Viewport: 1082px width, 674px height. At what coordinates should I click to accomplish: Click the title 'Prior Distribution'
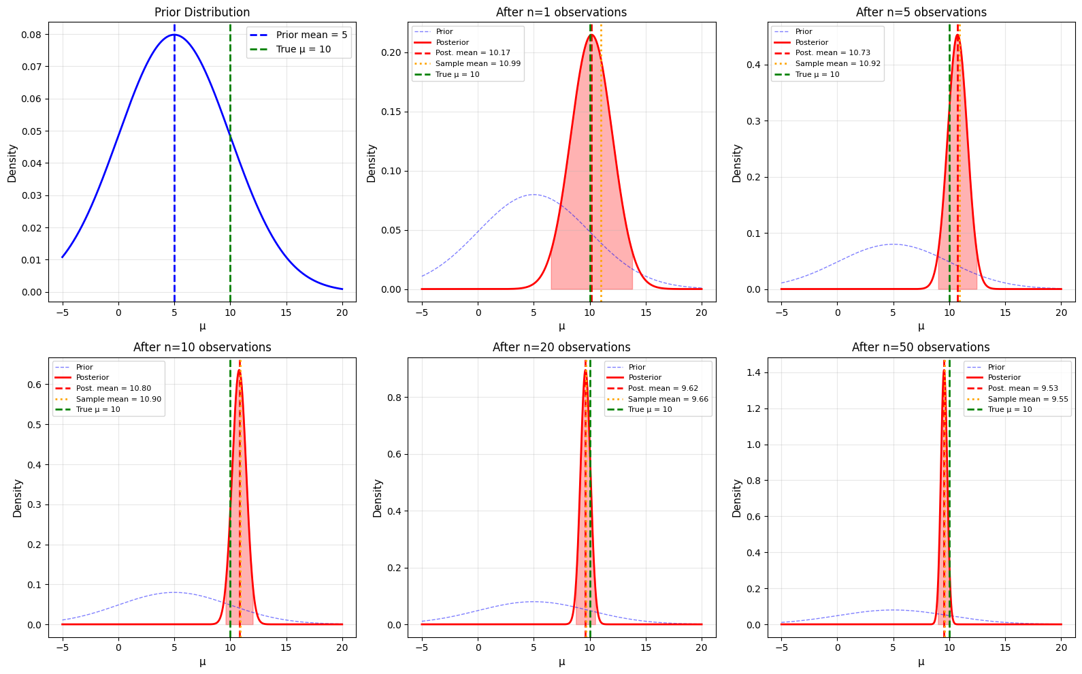pos(202,12)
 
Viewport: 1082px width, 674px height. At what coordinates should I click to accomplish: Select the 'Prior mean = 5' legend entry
pos(311,35)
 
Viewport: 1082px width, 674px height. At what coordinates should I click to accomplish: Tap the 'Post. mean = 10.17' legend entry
pos(472,53)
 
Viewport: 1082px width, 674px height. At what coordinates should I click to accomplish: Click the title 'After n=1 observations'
pos(561,12)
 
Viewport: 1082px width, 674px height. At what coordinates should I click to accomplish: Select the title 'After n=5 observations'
pos(921,12)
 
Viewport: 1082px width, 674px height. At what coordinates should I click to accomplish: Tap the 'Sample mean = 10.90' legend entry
pos(118,399)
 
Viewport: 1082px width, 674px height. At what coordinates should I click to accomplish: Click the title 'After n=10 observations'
pos(202,347)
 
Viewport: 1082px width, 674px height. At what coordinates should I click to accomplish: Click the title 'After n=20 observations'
pos(561,347)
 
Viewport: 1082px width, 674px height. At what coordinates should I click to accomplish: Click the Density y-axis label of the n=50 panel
pos(737,498)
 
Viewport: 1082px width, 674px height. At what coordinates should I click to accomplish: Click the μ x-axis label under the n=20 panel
pos(561,662)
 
